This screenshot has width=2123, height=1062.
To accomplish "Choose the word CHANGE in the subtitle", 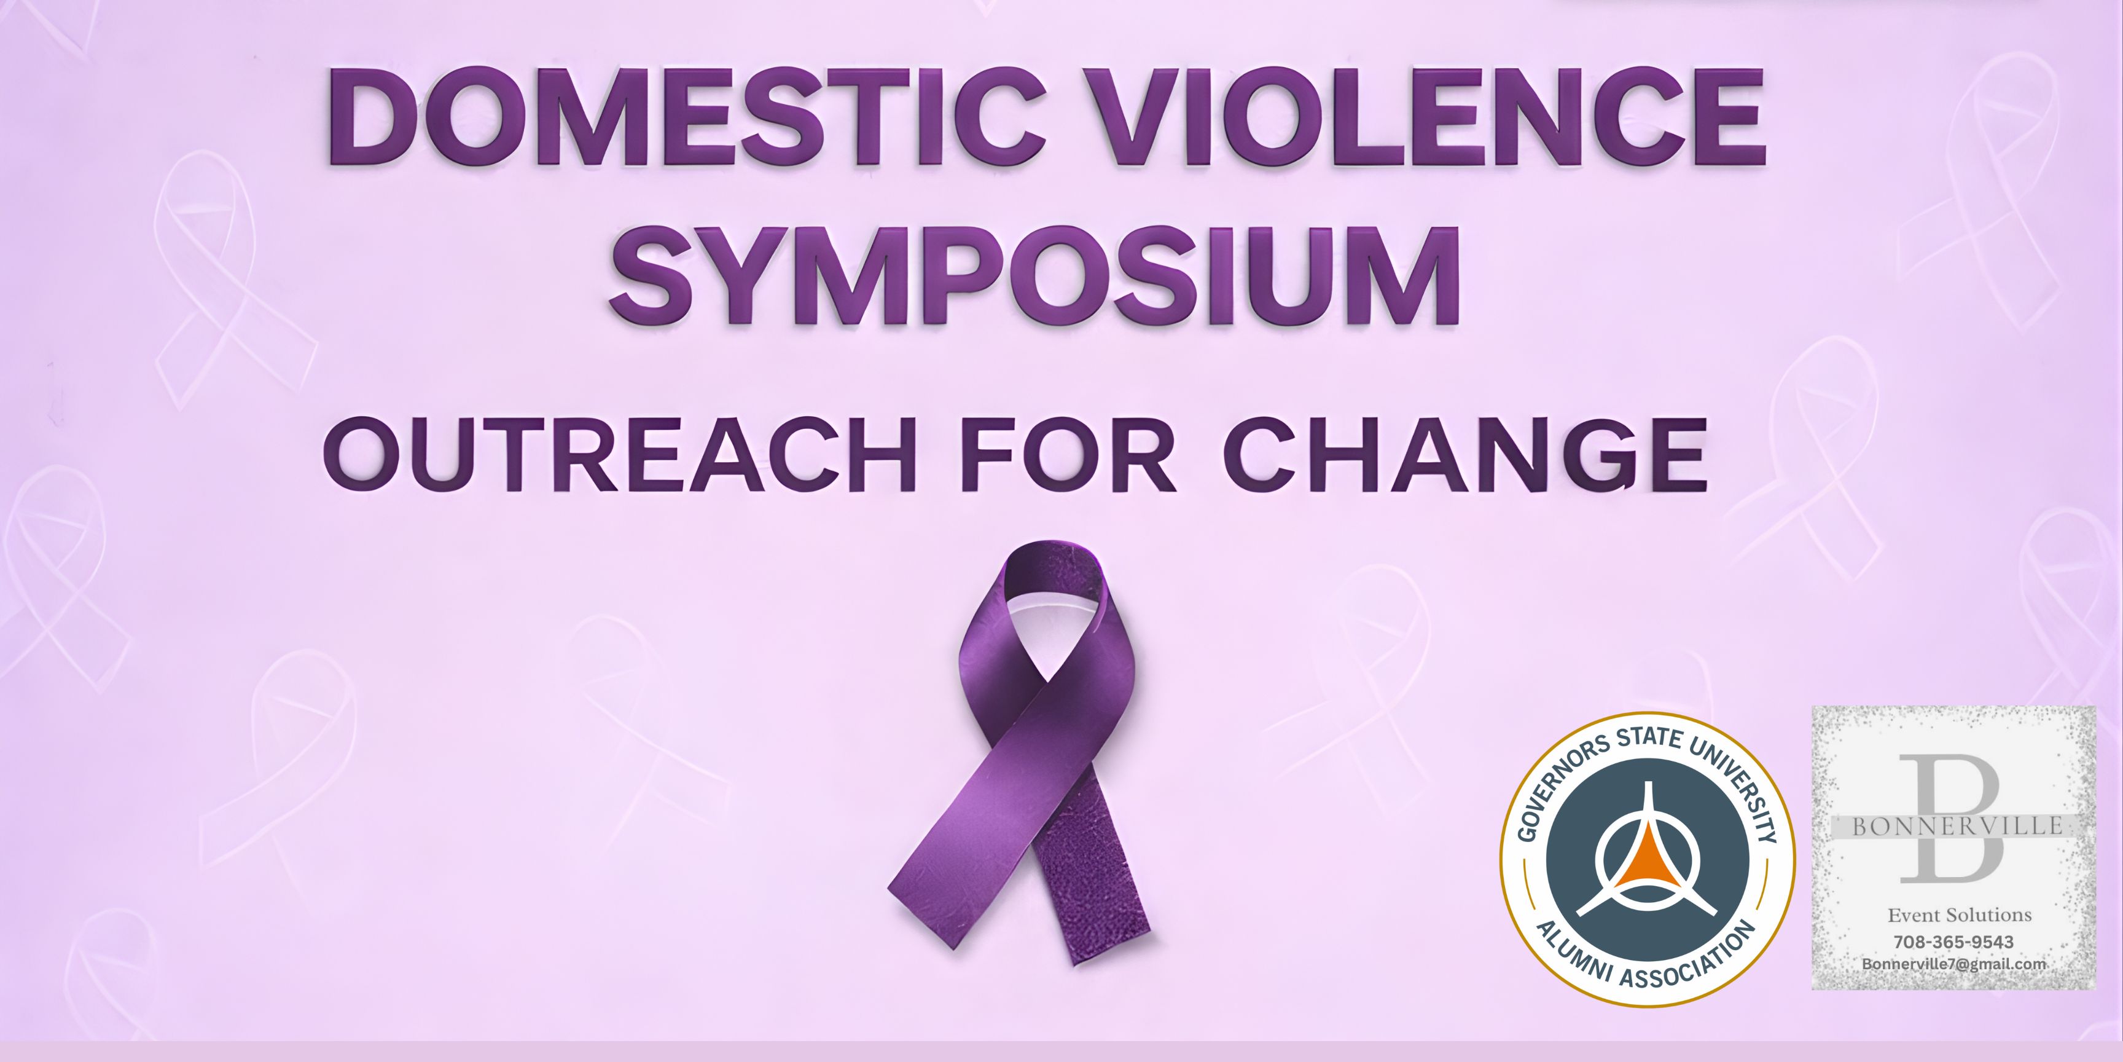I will (1464, 456).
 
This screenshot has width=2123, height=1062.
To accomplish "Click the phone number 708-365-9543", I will (1953, 942).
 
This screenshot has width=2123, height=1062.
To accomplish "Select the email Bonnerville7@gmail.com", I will (1953, 964).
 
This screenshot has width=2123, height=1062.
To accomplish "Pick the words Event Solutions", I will (1958, 915).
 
